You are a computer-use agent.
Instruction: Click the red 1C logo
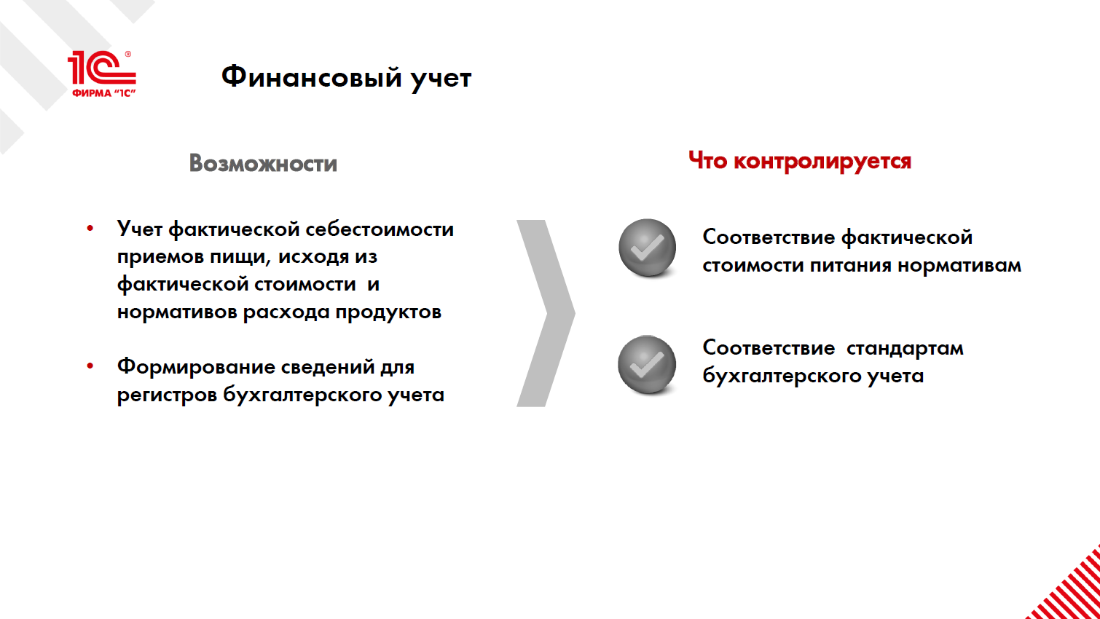click(102, 74)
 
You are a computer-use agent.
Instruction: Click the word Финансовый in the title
click(311, 78)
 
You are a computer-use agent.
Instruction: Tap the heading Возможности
click(263, 163)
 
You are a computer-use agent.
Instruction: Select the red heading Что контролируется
click(799, 161)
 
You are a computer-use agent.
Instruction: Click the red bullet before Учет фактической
click(90, 228)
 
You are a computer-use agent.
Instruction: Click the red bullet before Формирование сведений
click(90, 366)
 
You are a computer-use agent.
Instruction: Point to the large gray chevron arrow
click(546, 313)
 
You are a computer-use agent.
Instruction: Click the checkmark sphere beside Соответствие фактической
click(647, 248)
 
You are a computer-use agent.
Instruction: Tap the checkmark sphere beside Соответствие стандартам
click(647, 365)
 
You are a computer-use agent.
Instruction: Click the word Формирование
click(196, 367)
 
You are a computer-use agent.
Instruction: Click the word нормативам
click(959, 266)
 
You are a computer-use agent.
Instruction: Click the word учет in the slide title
click(441, 79)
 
